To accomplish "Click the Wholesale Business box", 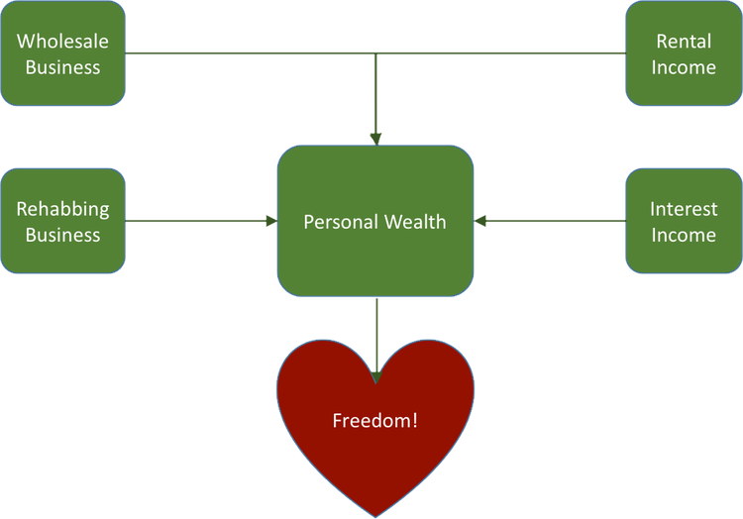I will click(x=63, y=53).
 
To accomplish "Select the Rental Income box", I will click(x=684, y=53).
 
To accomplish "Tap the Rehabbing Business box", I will click(x=63, y=221).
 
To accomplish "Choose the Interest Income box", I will click(x=684, y=221).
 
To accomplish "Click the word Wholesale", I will click(x=63, y=42).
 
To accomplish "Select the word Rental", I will click(x=684, y=42).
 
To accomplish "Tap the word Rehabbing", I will click(x=63, y=209).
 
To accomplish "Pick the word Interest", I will click(x=684, y=209).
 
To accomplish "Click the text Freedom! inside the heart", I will click(x=374, y=420).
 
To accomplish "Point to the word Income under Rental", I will click(x=684, y=67).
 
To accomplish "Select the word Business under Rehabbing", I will click(x=63, y=235).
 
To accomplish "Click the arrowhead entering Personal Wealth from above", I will click(x=375, y=137).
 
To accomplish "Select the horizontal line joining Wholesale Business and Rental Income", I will click(x=248, y=52).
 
